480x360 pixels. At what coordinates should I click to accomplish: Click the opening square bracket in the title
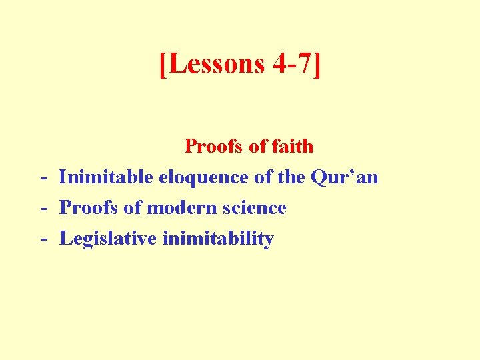click(164, 64)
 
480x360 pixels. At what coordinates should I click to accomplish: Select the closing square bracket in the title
click(316, 64)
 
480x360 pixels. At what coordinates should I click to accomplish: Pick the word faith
click(292, 145)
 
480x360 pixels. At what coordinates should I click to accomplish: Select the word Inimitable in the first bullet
click(106, 177)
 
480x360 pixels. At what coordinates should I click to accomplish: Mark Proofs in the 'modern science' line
click(89, 207)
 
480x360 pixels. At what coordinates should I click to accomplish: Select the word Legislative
click(108, 238)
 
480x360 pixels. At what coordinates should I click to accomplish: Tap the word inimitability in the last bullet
click(218, 238)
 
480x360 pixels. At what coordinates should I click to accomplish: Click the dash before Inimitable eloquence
click(43, 178)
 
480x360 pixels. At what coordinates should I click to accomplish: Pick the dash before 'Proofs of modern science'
click(43, 209)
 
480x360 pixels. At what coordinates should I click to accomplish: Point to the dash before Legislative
click(43, 239)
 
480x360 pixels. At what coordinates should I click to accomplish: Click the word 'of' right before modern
click(132, 207)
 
